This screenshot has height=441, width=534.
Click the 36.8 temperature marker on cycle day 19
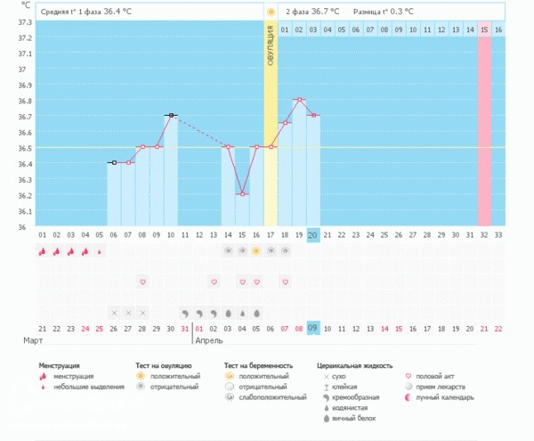tap(299, 100)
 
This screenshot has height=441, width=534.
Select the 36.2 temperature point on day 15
tap(242, 193)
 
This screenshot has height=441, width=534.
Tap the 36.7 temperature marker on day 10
tap(171, 116)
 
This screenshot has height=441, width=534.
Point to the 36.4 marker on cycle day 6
tap(114, 162)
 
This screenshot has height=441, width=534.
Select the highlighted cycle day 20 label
tap(313, 234)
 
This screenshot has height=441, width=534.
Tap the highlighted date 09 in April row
tap(313, 328)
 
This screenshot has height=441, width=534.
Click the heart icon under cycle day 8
tap(142, 282)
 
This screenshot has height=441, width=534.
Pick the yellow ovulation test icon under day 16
tap(256, 251)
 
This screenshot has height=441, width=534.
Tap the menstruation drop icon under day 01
tap(42, 251)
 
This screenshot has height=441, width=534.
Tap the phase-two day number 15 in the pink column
tap(484, 30)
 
